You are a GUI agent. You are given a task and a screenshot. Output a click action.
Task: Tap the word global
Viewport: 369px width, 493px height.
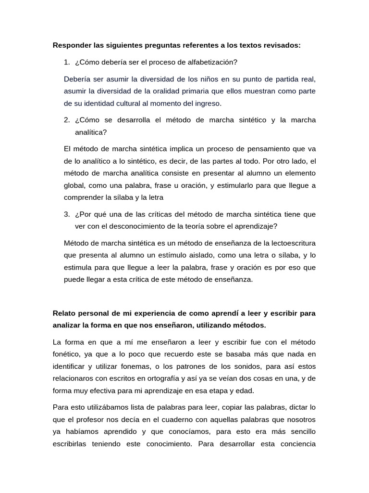click(74, 185)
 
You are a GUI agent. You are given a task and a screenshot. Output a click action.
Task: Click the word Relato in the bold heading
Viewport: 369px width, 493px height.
click(64, 313)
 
